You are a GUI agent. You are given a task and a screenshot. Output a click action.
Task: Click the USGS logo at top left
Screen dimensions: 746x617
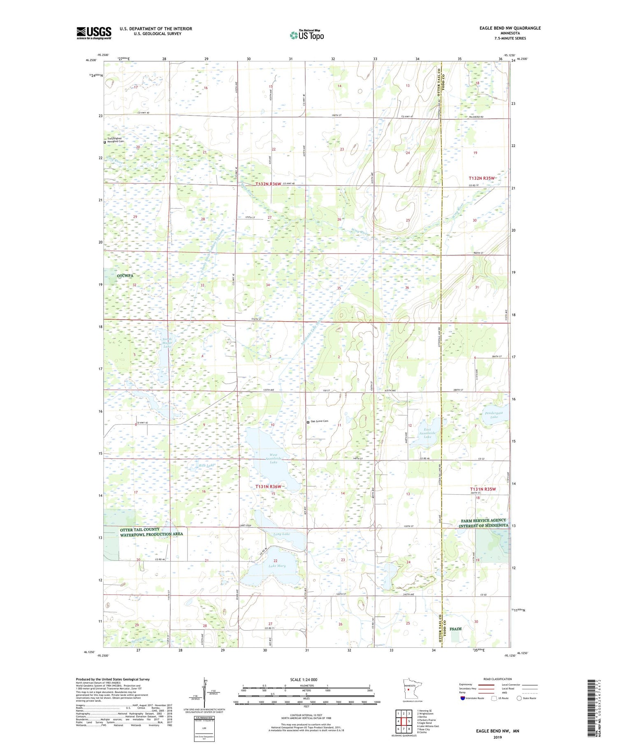(x=94, y=33)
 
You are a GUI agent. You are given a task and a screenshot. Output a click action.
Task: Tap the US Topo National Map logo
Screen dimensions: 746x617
(x=306, y=35)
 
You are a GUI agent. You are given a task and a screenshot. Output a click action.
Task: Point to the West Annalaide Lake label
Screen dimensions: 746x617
(x=274, y=458)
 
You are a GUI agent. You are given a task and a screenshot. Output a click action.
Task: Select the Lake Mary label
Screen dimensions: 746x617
(x=277, y=565)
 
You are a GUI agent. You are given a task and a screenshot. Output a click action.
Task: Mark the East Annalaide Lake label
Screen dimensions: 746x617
(x=427, y=433)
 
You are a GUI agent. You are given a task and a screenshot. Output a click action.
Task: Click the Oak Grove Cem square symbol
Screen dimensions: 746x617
(x=308, y=422)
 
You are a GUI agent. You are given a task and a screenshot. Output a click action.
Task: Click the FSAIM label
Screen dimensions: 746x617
(x=455, y=629)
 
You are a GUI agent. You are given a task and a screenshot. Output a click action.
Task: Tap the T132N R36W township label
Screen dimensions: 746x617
(x=268, y=184)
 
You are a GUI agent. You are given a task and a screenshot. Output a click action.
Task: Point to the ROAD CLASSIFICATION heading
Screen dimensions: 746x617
(x=498, y=679)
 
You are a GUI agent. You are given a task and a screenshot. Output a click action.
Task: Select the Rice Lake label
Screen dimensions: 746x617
(x=206, y=465)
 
